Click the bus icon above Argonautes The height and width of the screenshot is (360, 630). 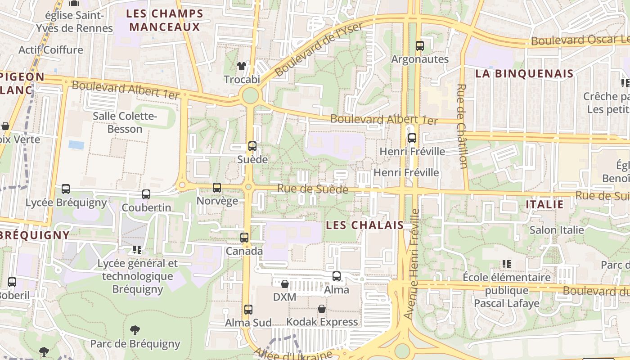tap(420, 45)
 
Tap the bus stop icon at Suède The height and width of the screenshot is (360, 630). tap(252, 146)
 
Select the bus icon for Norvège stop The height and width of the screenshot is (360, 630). tap(217, 187)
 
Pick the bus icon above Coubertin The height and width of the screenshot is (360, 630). tap(146, 194)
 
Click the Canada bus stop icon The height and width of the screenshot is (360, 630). tap(244, 238)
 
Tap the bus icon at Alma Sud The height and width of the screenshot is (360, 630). tap(248, 310)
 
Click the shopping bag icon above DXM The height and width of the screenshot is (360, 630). tap(285, 284)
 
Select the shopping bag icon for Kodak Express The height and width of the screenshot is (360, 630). tap(322, 309)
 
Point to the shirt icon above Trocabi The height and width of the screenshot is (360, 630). tap(242, 66)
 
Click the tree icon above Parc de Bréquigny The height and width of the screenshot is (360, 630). tap(135, 331)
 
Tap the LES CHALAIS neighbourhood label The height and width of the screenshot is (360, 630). tap(364, 225)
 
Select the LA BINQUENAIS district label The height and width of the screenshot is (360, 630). tap(524, 74)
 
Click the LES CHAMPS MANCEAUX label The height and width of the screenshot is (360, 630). tap(165, 20)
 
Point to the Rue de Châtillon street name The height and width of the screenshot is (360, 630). tap(462, 126)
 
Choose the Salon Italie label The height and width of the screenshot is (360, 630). tap(557, 230)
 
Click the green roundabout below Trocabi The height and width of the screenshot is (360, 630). tap(250, 95)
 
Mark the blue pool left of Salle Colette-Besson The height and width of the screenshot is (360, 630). tap(76, 145)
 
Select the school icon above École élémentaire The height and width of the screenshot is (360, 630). tap(507, 264)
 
